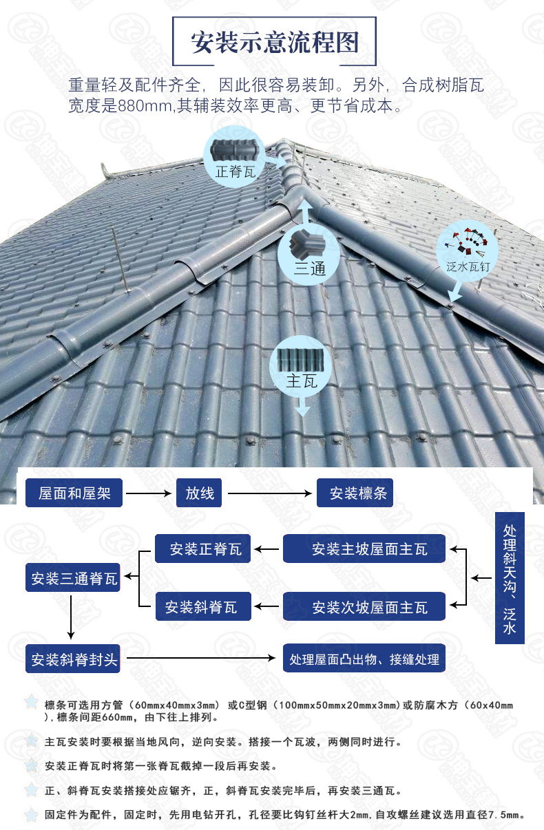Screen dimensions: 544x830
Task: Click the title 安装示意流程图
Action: (275, 42)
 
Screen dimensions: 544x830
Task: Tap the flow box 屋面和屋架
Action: (74, 493)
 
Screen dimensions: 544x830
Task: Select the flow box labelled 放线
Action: (200, 493)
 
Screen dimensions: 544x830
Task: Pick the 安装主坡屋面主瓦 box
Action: (364, 549)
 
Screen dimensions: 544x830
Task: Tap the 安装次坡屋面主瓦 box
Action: (364, 607)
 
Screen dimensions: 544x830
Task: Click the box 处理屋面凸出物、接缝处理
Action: (364, 659)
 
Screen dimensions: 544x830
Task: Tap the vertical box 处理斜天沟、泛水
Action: (510, 578)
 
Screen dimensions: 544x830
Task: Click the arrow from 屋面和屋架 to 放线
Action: (149, 493)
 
